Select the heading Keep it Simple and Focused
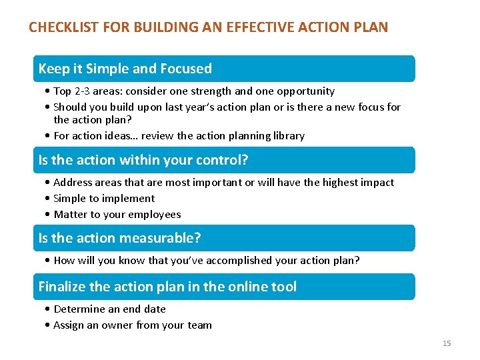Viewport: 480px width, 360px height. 125,69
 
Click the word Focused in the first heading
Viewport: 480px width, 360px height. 187,69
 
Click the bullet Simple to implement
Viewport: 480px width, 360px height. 103,199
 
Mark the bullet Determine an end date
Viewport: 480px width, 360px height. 109,309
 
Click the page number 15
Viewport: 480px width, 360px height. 447,343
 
